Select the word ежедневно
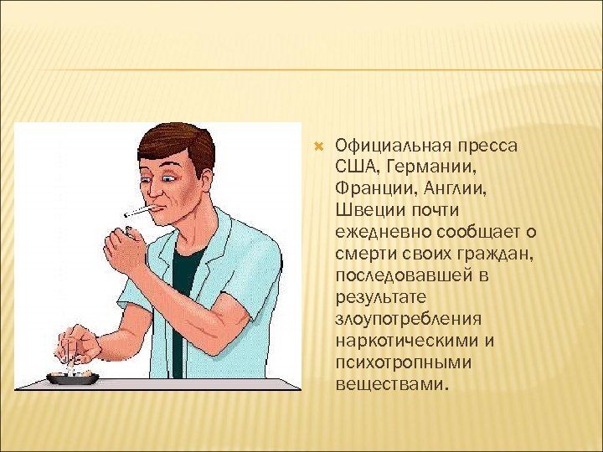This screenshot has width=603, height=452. (377, 232)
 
